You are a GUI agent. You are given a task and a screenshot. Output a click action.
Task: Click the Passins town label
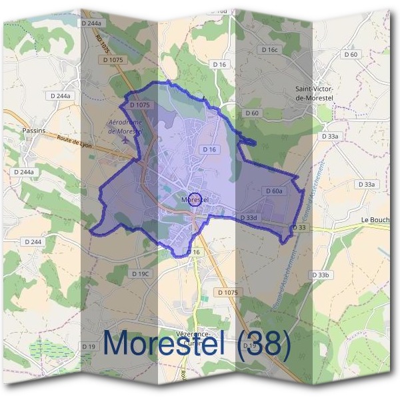click(x=33, y=131)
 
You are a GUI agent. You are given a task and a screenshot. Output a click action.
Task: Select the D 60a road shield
click(x=273, y=191)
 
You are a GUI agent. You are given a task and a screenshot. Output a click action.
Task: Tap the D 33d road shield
click(x=248, y=217)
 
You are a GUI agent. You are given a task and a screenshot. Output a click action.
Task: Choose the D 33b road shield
click(x=321, y=275)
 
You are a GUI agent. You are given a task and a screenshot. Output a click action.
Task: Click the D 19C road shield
click(x=141, y=273)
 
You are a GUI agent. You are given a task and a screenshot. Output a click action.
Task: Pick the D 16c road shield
click(x=269, y=50)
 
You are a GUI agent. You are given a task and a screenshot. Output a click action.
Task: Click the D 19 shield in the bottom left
click(x=89, y=347)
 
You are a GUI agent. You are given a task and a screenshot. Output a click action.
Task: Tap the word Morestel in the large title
click(x=164, y=344)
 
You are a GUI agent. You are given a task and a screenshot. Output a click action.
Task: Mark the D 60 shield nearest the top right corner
click(x=351, y=55)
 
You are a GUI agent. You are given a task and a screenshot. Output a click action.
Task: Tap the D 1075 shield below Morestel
click(x=227, y=293)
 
